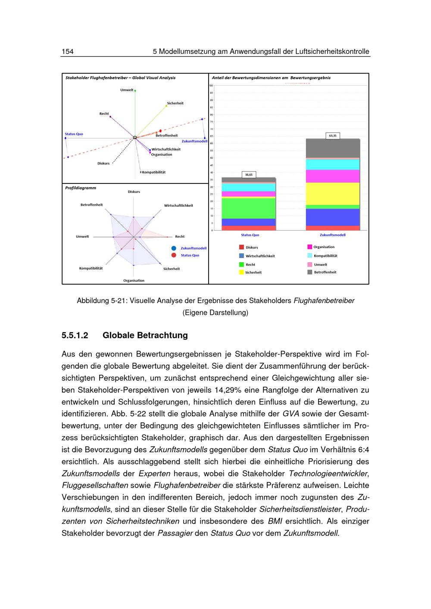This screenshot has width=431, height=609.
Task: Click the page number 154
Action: tap(68, 52)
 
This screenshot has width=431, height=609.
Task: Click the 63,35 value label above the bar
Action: tap(333, 136)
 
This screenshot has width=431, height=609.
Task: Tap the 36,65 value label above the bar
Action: tap(249, 175)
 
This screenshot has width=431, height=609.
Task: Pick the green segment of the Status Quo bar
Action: tap(249, 208)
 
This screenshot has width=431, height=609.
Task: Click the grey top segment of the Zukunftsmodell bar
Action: tap(333, 148)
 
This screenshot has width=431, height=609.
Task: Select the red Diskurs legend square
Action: tap(241, 247)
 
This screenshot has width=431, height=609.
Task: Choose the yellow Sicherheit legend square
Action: tap(241, 272)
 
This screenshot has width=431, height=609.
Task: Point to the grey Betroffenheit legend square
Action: tap(309, 272)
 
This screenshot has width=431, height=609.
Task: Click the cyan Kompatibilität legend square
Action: tap(309, 255)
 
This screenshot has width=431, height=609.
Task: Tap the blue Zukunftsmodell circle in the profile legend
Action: tap(173, 248)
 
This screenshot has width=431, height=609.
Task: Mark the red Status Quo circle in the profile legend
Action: tap(173, 255)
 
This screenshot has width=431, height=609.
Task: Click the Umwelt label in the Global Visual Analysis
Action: tap(127, 90)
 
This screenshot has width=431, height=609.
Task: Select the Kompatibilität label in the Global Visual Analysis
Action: tap(154, 172)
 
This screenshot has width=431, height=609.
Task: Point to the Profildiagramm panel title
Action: tap(81, 188)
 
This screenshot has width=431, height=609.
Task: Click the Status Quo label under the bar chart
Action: tap(250, 235)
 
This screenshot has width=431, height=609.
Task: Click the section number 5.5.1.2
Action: tap(75, 335)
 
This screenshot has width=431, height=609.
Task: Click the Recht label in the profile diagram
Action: tap(180, 236)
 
